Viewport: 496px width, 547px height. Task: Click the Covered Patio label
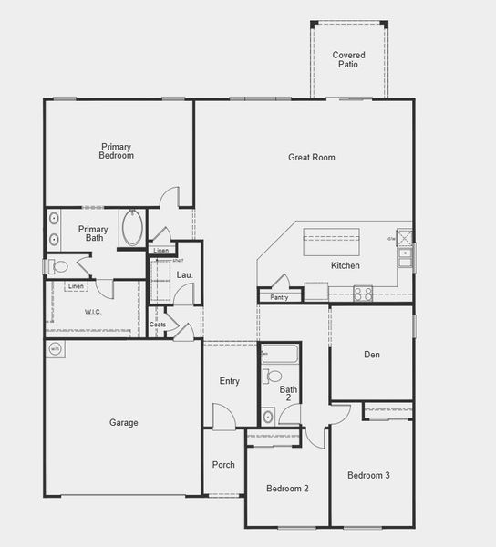[348, 60]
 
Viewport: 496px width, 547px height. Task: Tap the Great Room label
[312, 158]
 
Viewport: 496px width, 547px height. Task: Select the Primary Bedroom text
[117, 151]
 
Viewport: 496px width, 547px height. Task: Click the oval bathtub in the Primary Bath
[133, 228]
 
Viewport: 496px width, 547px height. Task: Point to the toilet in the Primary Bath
[58, 267]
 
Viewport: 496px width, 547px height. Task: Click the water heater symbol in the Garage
[55, 348]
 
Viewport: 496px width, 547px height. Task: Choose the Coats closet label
[158, 324]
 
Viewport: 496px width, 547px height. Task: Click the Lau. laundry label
[184, 274]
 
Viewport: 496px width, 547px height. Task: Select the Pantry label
[279, 297]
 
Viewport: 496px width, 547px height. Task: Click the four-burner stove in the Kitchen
[363, 294]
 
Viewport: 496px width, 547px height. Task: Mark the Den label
[372, 355]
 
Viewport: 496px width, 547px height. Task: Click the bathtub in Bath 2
[279, 353]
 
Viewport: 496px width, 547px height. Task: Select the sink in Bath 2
[268, 417]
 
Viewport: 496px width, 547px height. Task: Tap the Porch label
[223, 465]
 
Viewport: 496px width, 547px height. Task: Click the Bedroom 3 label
[368, 476]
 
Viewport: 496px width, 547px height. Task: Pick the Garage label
[124, 423]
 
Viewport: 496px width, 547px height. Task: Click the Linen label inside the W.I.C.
[77, 287]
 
